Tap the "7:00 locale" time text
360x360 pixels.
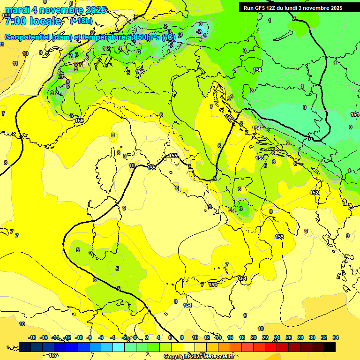tap(32, 21)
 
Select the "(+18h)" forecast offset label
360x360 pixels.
tap(81, 21)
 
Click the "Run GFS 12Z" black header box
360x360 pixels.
tap(293, 8)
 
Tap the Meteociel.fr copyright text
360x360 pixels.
tap(199, 356)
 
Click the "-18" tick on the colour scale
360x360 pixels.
tap(32, 337)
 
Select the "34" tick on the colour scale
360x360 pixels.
tap(335, 337)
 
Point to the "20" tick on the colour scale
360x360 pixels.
tap(254, 337)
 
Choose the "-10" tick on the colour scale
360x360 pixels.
tap(79, 337)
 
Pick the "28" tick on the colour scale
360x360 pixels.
tap(300, 337)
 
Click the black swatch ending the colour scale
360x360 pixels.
tap(330, 347)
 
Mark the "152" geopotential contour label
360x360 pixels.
tap(315, 193)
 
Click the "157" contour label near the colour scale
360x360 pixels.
tap(53, 356)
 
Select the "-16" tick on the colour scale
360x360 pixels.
tap(44, 337)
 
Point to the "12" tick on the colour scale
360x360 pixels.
tap(207, 337)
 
